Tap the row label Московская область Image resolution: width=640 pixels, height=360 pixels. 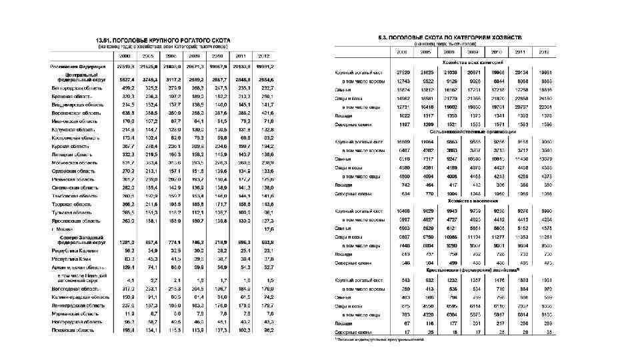pyautogui.click(x=69, y=162)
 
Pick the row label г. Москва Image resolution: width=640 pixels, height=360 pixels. pyautogui.click(x=61, y=229)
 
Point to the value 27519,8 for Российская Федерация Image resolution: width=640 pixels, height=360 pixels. pyautogui.click(x=126, y=67)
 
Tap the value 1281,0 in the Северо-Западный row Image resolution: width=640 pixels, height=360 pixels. pyautogui.click(x=127, y=242)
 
